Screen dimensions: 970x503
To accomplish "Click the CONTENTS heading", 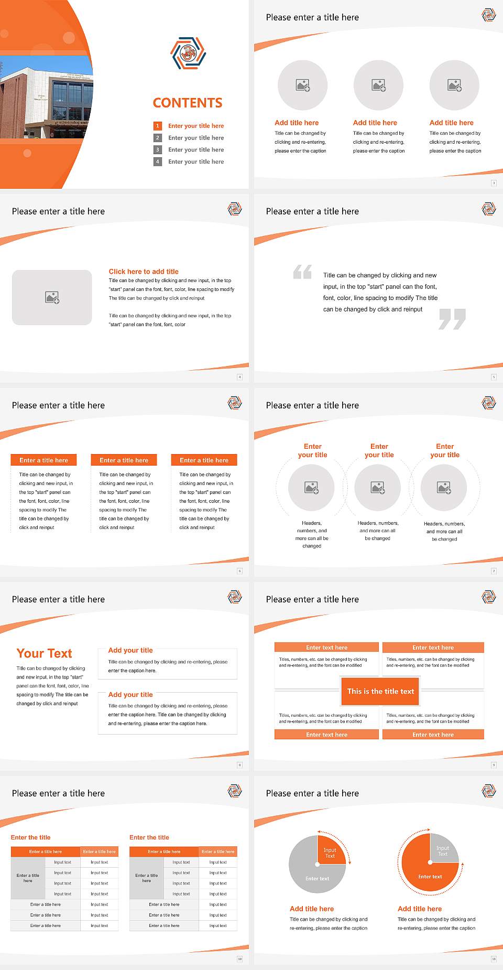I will pos(187,103).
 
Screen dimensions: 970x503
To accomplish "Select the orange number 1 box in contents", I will pos(157,126).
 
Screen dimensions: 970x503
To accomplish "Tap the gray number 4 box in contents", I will pos(157,161).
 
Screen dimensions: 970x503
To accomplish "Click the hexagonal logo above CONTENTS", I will pos(188,53).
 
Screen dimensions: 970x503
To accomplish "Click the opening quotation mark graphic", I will pos(302,272).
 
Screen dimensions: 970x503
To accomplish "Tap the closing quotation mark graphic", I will pos(452,319).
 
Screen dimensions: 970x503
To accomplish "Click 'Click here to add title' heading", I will pos(144,272).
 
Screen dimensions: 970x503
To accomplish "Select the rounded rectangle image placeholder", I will pos(52,297).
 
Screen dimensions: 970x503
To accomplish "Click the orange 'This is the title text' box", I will pos(380,691).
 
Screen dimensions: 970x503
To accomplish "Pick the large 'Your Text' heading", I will pos(44,653).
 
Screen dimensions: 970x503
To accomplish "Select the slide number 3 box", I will pos(494,183).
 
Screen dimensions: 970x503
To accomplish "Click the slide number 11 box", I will pos(494,959).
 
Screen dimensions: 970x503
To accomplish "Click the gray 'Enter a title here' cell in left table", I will pos(28,878).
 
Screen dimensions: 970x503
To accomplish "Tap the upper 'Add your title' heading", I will pos(130,650).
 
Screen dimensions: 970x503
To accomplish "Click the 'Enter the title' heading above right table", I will pos(149,837).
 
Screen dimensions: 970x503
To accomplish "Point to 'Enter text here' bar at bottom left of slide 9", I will pos(326,735).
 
